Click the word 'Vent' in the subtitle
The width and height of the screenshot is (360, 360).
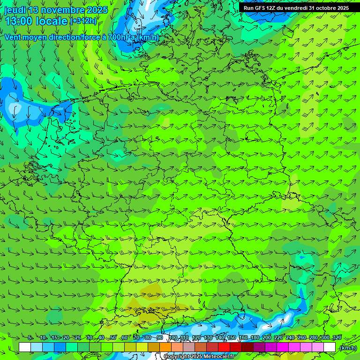click(x=14, y=37)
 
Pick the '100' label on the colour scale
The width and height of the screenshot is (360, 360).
click(x=173, y=338)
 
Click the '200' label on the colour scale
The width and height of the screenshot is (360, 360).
click(x=267, y=338)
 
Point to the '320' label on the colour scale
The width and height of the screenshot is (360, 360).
click(x=337, y=338)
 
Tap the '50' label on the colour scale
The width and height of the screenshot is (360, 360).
click(x=113, y=338)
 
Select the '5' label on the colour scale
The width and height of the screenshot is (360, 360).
click(x=30, y=338)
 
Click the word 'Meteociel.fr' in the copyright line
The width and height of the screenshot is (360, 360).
click(x=219, y=357)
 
